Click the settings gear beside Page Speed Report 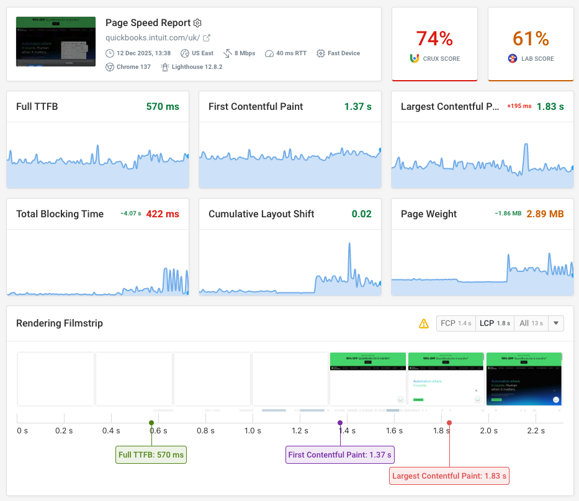(197, 23)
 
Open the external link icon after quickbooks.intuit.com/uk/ (207, 38)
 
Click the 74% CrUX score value (434, 38)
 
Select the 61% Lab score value (531, 38)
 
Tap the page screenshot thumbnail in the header (56, 42)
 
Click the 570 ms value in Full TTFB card (163, 107)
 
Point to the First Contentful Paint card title (256, 107)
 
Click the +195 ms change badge (519, 106)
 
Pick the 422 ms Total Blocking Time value (163, 214)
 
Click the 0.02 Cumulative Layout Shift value (361, 214)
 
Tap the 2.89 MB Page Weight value (545, 214)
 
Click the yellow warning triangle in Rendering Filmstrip (424, 323)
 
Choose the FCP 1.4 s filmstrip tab (456, 323)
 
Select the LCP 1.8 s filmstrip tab (495, 323)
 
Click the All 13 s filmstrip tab (531, 323)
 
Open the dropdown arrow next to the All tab (556, 323)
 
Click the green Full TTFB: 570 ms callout (151, 455)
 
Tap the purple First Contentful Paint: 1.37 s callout (340, 455)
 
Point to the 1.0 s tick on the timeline (252, 430)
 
